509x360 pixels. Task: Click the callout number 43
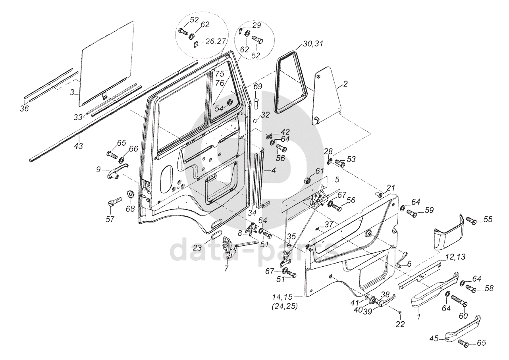[79, 146]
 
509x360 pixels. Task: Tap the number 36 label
[24, 109]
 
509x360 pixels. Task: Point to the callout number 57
[110, 219]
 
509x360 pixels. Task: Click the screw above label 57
[115, 201]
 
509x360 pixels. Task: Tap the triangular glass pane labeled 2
[327, 95]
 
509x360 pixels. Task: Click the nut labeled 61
[308, 181]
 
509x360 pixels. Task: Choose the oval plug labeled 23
[216, 235]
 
